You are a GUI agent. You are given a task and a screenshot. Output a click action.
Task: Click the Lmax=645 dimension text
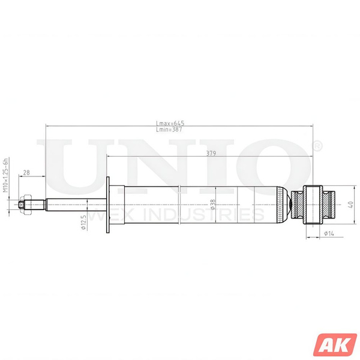169,124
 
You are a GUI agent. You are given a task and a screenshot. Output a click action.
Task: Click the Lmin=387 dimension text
169,129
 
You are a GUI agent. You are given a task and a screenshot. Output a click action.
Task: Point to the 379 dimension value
211,154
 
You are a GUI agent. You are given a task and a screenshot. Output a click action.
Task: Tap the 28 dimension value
26,173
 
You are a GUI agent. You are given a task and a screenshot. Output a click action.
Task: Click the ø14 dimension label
329,233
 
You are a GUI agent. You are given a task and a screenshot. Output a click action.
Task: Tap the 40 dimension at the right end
349,205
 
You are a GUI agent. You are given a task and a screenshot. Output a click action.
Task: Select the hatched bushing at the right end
318,205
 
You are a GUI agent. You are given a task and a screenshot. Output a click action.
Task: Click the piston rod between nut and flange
72,205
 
